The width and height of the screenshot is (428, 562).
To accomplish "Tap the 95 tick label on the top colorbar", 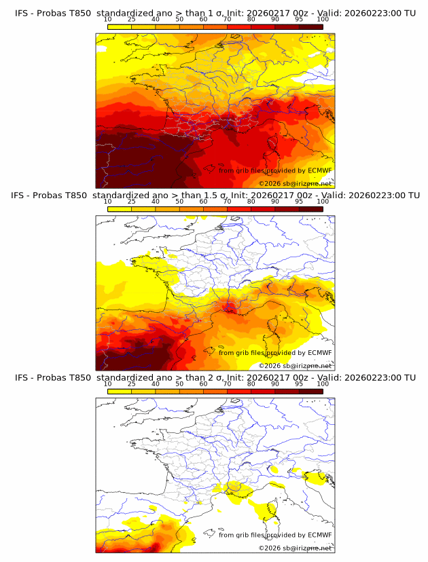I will [299, 19].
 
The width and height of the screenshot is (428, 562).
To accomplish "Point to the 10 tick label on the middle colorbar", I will [108, 202].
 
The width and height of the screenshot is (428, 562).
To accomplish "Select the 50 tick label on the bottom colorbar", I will [179, 383].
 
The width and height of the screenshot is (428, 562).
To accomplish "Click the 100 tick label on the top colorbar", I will [323, 19].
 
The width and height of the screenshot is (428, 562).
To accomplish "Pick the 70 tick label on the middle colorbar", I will [228, 202].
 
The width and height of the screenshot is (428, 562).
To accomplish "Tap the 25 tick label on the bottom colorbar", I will [132, 383].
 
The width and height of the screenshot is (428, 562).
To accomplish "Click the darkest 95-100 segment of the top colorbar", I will [311, 26].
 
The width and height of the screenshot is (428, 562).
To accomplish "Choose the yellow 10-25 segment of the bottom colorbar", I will [120, 391].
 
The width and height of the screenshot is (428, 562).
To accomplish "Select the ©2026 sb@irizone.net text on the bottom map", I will [296, 547].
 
